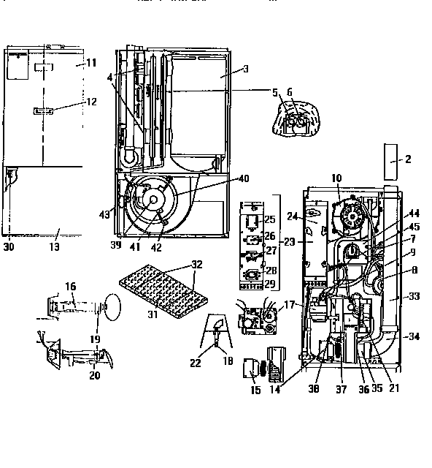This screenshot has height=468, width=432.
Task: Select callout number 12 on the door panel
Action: coord(91,102)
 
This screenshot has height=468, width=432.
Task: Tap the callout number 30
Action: coord(8,246)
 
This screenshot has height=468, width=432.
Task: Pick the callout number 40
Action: coord(243,178)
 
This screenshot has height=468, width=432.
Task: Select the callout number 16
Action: coord(71,286)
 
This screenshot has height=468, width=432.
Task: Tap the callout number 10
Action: coord(336,178)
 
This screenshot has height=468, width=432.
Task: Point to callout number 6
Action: coord(289,93)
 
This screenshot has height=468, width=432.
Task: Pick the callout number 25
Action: coord(269,219)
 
